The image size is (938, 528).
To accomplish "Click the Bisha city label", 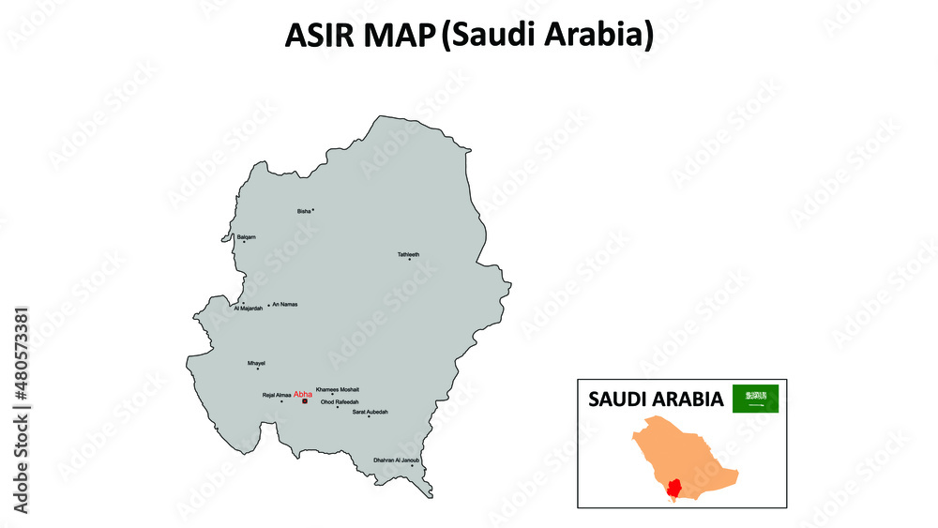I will (x=303, y=211).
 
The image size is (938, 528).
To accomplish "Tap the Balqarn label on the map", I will (x=246, y=236).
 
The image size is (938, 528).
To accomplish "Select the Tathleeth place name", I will (x=408, y=254).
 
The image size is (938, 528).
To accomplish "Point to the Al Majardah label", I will (x=249, y=309).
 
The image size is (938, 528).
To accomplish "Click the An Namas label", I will (x=284, y=305).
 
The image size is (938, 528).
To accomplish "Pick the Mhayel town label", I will (x=256, y=362).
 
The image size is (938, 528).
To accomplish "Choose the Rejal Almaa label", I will (x=277, y=396).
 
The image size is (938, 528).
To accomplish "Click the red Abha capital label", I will (x=302, y=395).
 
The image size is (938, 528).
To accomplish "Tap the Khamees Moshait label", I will (x=338, y=389).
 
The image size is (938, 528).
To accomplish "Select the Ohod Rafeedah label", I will (x=340, y=401).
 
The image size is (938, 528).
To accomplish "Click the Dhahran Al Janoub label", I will (x=397, y=460).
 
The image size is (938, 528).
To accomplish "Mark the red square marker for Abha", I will (x=304, y=402).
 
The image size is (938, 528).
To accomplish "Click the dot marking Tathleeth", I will (x=409, y=259).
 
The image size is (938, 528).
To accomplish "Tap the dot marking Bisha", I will (x=313, y=210).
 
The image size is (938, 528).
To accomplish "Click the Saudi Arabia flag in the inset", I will (x=755, y=398).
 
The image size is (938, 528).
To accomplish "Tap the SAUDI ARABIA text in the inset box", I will (x=656, y=400).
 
